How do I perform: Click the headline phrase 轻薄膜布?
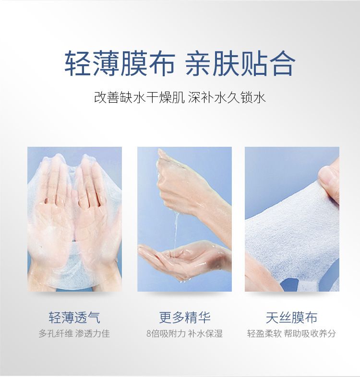coord(120,63)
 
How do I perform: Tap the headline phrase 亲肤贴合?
coord(240,63)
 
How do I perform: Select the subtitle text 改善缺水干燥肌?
coord(139,98)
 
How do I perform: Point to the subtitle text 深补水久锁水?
coord(227,98)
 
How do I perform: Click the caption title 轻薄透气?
coord(74,318)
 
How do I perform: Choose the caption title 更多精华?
coord(185,318)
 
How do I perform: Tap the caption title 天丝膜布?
coord(292,318)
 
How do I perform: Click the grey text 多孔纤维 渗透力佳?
coord(74,334)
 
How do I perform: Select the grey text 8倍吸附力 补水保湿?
coord(185,334)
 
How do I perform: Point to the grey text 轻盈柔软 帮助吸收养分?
coord(291,334)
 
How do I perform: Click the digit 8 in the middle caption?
coord(149,334)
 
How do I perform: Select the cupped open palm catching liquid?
coord(183,259)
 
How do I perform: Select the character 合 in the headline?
coord(282,63)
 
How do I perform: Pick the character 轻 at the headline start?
coord(78,63)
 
